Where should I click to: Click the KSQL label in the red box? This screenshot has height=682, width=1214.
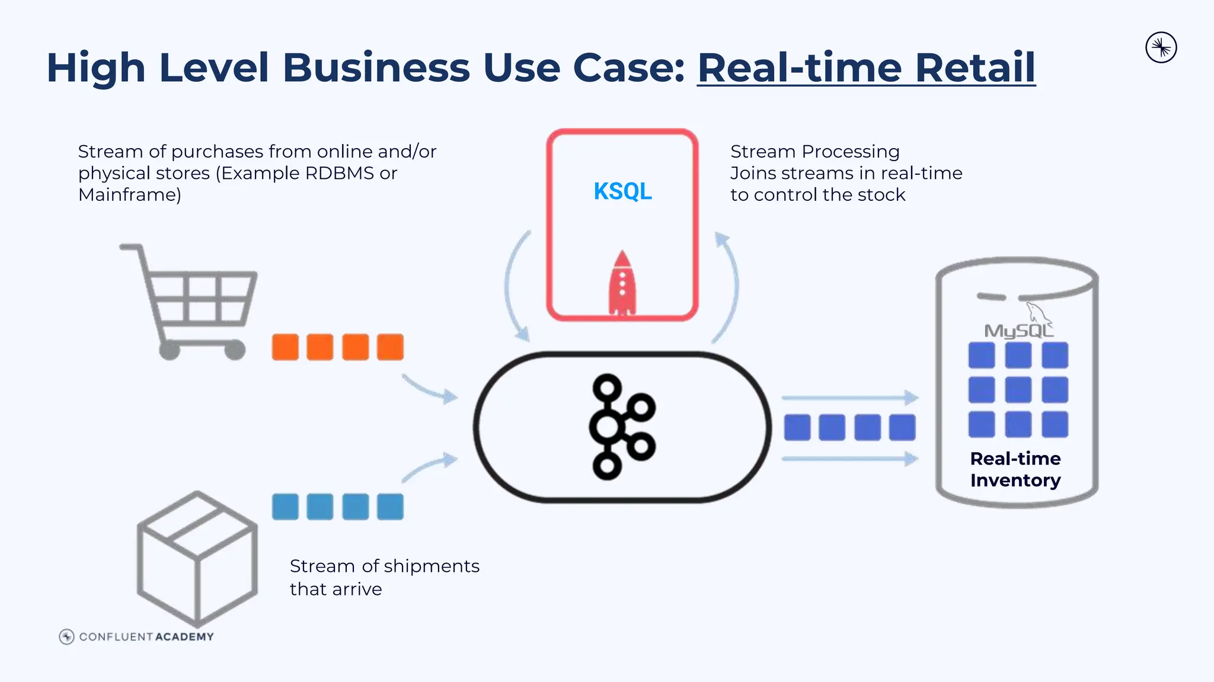[622, 191]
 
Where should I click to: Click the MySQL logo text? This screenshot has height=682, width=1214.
[1018, 330]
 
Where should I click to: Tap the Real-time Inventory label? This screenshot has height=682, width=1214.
[1015, 469]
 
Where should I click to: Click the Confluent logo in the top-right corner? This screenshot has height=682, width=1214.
[1161, 48]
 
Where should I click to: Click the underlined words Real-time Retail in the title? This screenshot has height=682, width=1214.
[866, 68]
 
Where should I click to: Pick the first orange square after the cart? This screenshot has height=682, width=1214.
[285, 347]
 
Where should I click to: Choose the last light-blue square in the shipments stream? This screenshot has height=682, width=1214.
[390, 507]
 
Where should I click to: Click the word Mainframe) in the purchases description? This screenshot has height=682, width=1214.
[130, 195]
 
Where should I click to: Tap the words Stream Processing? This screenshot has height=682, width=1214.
[814, 152]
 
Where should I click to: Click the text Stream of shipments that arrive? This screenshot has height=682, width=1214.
[384, 577]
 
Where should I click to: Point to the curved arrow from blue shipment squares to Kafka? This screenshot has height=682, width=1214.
[429, 466]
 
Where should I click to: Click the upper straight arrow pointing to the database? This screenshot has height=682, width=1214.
[849, 398]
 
